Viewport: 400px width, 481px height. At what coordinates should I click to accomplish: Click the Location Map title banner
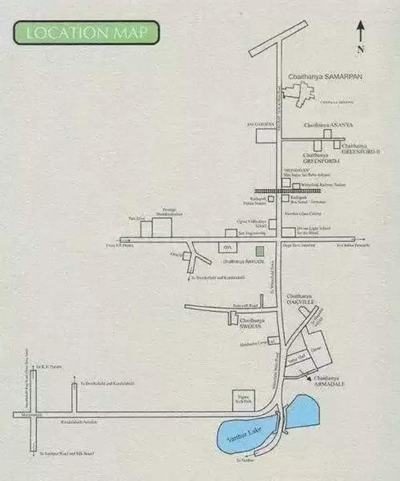click(x=86, y=33)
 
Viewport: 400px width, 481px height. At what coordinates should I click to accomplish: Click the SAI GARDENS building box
click(x=266, y=135)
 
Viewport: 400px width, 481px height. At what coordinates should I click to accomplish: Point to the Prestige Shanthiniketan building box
click(x=162, y=227)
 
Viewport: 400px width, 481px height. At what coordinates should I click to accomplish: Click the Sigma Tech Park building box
click(x=243, y=399)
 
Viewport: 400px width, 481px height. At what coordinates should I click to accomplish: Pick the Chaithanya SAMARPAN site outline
click(x=297, y=93)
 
